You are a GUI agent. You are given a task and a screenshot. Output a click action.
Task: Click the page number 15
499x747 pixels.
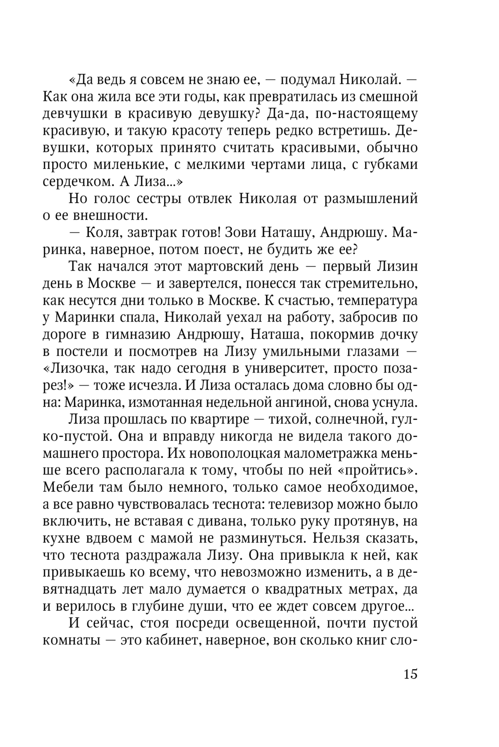pos(410,674)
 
